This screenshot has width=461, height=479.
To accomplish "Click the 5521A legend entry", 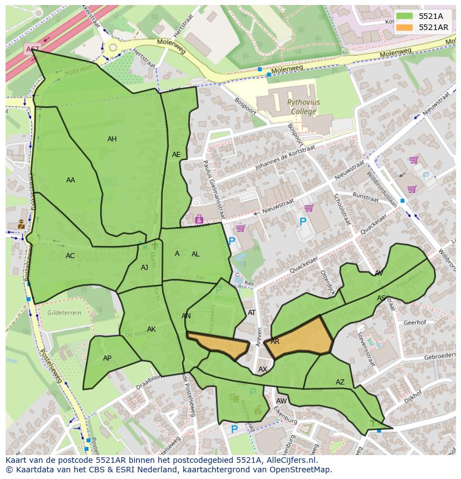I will [430, 17].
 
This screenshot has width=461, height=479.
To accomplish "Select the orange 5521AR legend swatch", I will [405, 27].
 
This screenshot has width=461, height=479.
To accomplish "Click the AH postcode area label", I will [112, 139].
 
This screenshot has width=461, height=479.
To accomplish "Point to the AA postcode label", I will [71, 180].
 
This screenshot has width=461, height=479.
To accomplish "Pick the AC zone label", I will [70, 256].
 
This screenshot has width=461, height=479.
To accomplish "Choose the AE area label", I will [176, 155].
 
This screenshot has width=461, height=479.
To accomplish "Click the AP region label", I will [107, 358].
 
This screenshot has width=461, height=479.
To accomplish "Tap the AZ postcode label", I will [340, 382].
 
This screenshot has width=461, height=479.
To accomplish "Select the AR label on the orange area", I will [275, 342].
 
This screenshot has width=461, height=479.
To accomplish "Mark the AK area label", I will [151, 329].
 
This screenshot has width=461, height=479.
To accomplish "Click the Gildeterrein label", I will [64, 313].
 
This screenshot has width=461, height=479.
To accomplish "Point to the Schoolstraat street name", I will [341, 209].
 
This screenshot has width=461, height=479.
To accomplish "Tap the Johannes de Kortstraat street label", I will [285, 159].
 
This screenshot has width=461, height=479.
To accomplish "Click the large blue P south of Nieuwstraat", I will [303, 222].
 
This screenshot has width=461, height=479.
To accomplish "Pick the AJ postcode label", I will [144, 268].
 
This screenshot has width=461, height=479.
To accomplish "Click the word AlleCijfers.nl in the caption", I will [291, 460].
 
